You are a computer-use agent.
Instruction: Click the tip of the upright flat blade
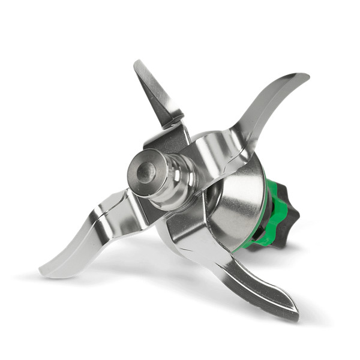(x=137, y=62)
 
